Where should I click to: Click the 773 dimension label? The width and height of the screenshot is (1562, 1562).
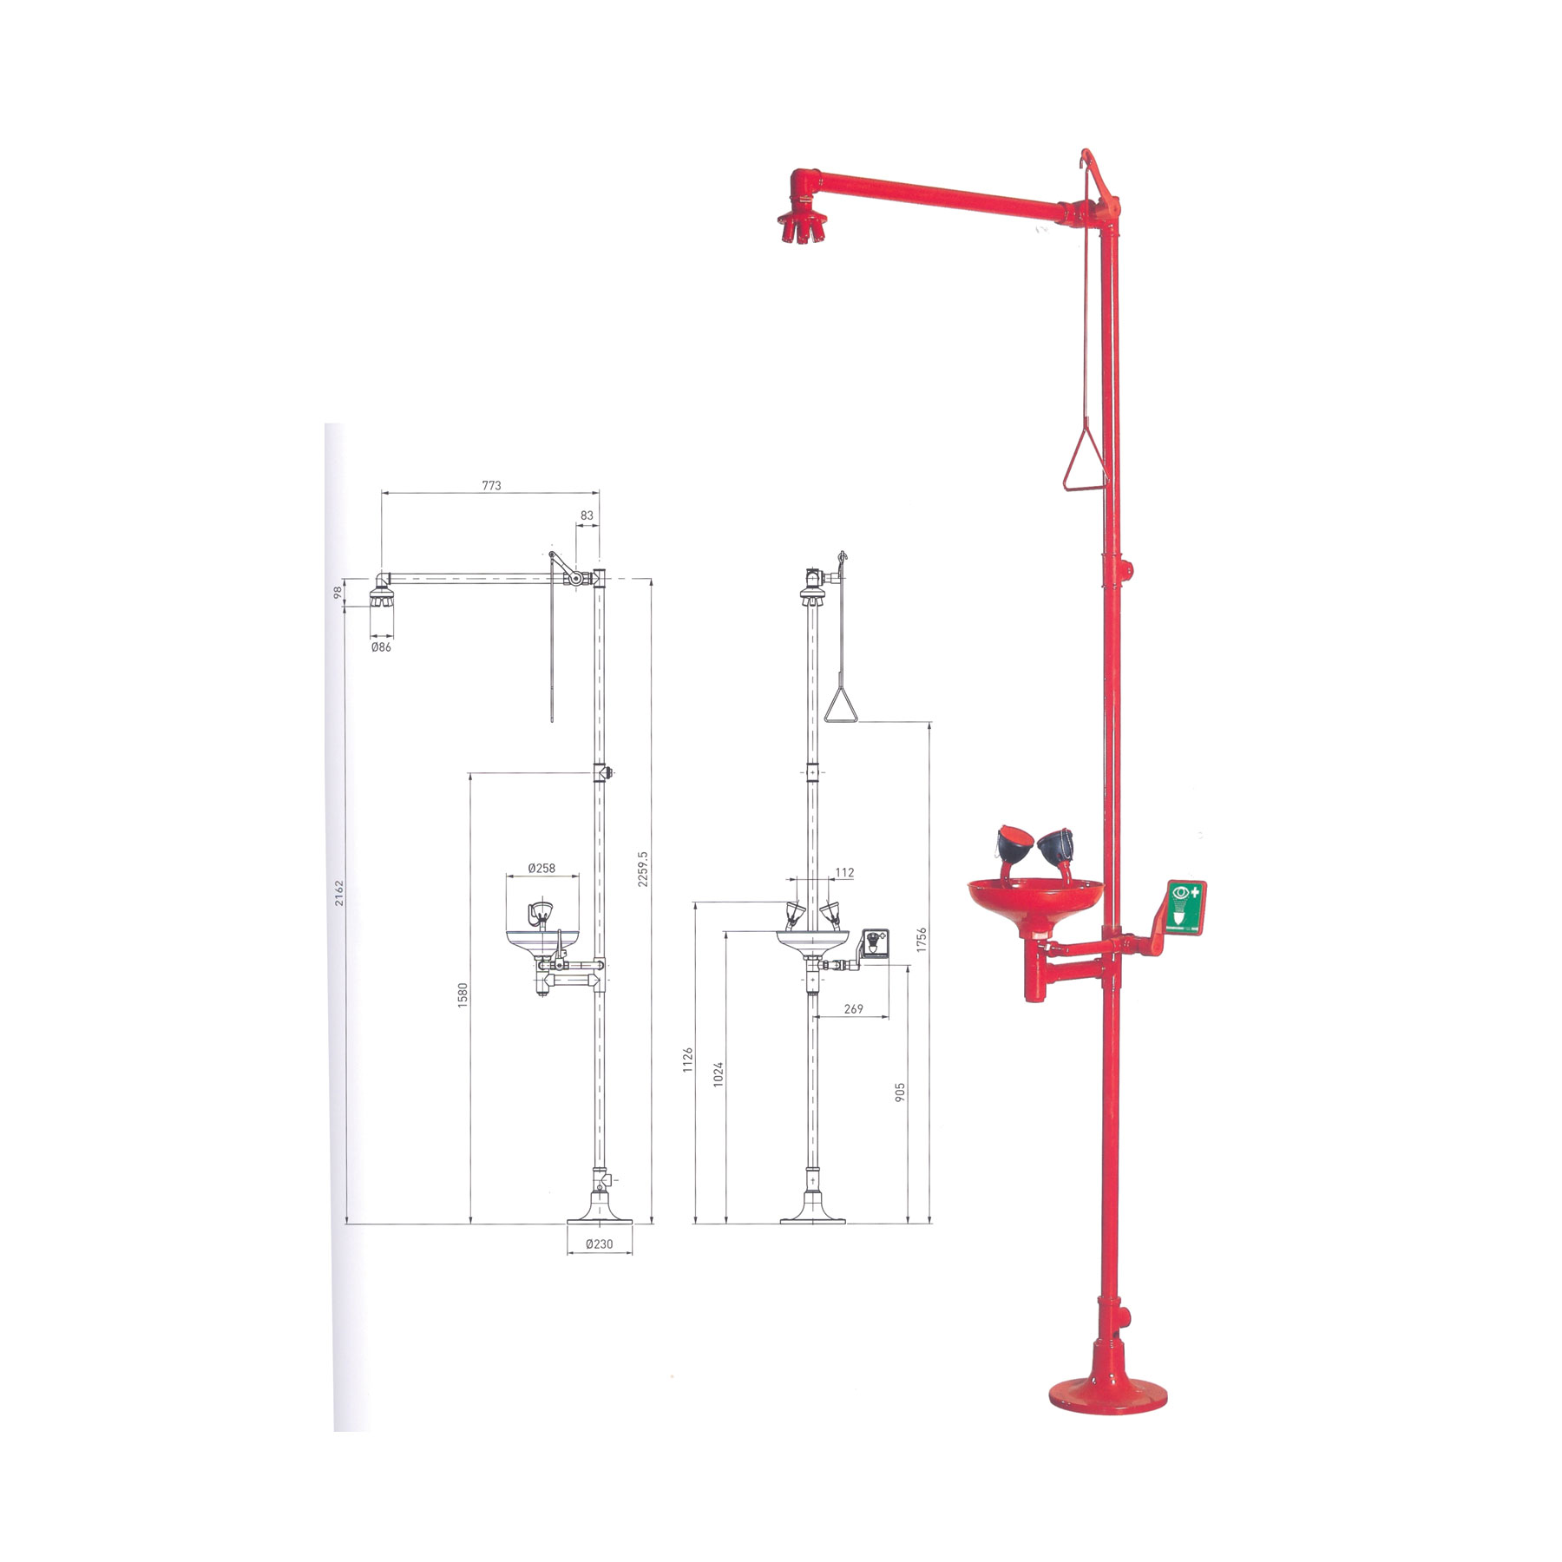coord(491,486)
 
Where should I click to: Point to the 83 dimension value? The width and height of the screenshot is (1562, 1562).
coord(587,515)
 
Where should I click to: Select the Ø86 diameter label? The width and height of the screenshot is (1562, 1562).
coord(381,646)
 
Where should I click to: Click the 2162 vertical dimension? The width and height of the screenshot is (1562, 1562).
coord(339,893)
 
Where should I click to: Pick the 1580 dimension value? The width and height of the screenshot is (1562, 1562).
coord(463,995)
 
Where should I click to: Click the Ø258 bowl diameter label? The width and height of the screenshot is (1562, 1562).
coord(541,868)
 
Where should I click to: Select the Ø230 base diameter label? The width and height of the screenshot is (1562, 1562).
coord(599,1244)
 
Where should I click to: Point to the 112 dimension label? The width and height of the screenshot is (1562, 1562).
coord(844,873)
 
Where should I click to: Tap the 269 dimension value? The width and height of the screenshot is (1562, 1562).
coord(853,1009)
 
